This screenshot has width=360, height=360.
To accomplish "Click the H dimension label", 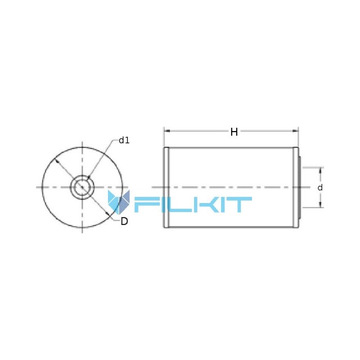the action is [234, 132].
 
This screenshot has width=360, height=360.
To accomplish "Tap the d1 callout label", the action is [124, 140].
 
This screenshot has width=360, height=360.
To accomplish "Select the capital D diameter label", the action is [124, 221].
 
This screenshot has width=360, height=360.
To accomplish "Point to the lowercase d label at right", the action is [320, 187].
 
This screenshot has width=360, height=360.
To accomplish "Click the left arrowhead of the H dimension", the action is [167, 131].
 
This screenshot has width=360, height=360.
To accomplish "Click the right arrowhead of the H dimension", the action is [295, 131].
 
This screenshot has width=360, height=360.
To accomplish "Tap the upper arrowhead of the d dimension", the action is [321, 171].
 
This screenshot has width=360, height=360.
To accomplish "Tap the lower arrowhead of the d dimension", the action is [321, 204].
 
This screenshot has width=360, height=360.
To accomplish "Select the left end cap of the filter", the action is [166, 187].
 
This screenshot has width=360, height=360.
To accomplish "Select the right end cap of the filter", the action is [296, 187].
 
